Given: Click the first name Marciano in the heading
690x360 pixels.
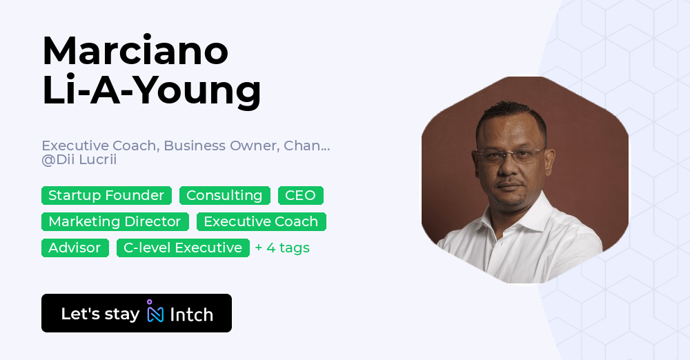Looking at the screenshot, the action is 135,50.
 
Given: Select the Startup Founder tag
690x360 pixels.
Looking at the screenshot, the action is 106,195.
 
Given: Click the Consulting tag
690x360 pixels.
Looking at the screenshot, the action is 224,195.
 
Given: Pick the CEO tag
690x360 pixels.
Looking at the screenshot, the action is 301,195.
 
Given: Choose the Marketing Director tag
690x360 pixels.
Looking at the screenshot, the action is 115,222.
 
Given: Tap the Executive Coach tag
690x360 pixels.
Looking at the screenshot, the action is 261,222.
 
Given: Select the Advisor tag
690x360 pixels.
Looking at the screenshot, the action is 75,248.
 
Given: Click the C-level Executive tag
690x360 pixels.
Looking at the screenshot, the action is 183,248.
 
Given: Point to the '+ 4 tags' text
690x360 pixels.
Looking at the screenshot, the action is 282,248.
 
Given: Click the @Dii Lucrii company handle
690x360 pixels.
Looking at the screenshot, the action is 79,159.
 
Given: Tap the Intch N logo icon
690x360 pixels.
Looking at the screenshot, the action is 155,311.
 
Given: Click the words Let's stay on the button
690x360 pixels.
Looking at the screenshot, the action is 100,314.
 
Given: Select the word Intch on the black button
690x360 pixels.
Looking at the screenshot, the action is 191,314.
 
